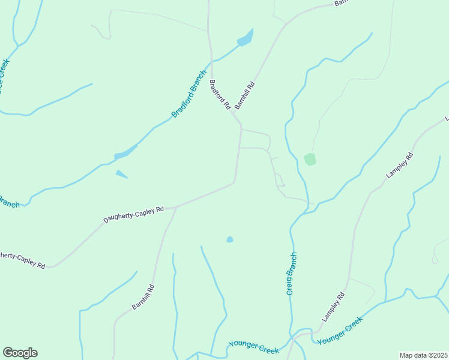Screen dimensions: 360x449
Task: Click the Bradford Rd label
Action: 220,94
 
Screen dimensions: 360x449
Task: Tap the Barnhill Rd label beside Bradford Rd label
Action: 245,95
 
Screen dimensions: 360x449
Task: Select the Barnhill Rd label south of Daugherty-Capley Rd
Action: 143,297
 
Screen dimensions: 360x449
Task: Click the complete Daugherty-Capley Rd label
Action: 133,215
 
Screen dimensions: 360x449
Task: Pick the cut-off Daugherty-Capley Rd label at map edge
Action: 22,259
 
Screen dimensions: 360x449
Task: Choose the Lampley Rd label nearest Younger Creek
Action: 334,307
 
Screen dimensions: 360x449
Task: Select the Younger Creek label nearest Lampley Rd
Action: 340,331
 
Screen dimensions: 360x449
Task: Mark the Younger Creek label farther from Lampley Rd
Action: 253,347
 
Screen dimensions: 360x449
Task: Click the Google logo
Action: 20,353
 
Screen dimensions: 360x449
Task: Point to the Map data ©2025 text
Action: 424,355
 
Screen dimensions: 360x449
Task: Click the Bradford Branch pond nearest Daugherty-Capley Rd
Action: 125,153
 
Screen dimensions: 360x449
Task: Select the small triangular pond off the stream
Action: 121,175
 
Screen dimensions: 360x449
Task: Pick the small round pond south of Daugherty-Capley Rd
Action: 230,239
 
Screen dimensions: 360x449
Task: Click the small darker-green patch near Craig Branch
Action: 310,159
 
